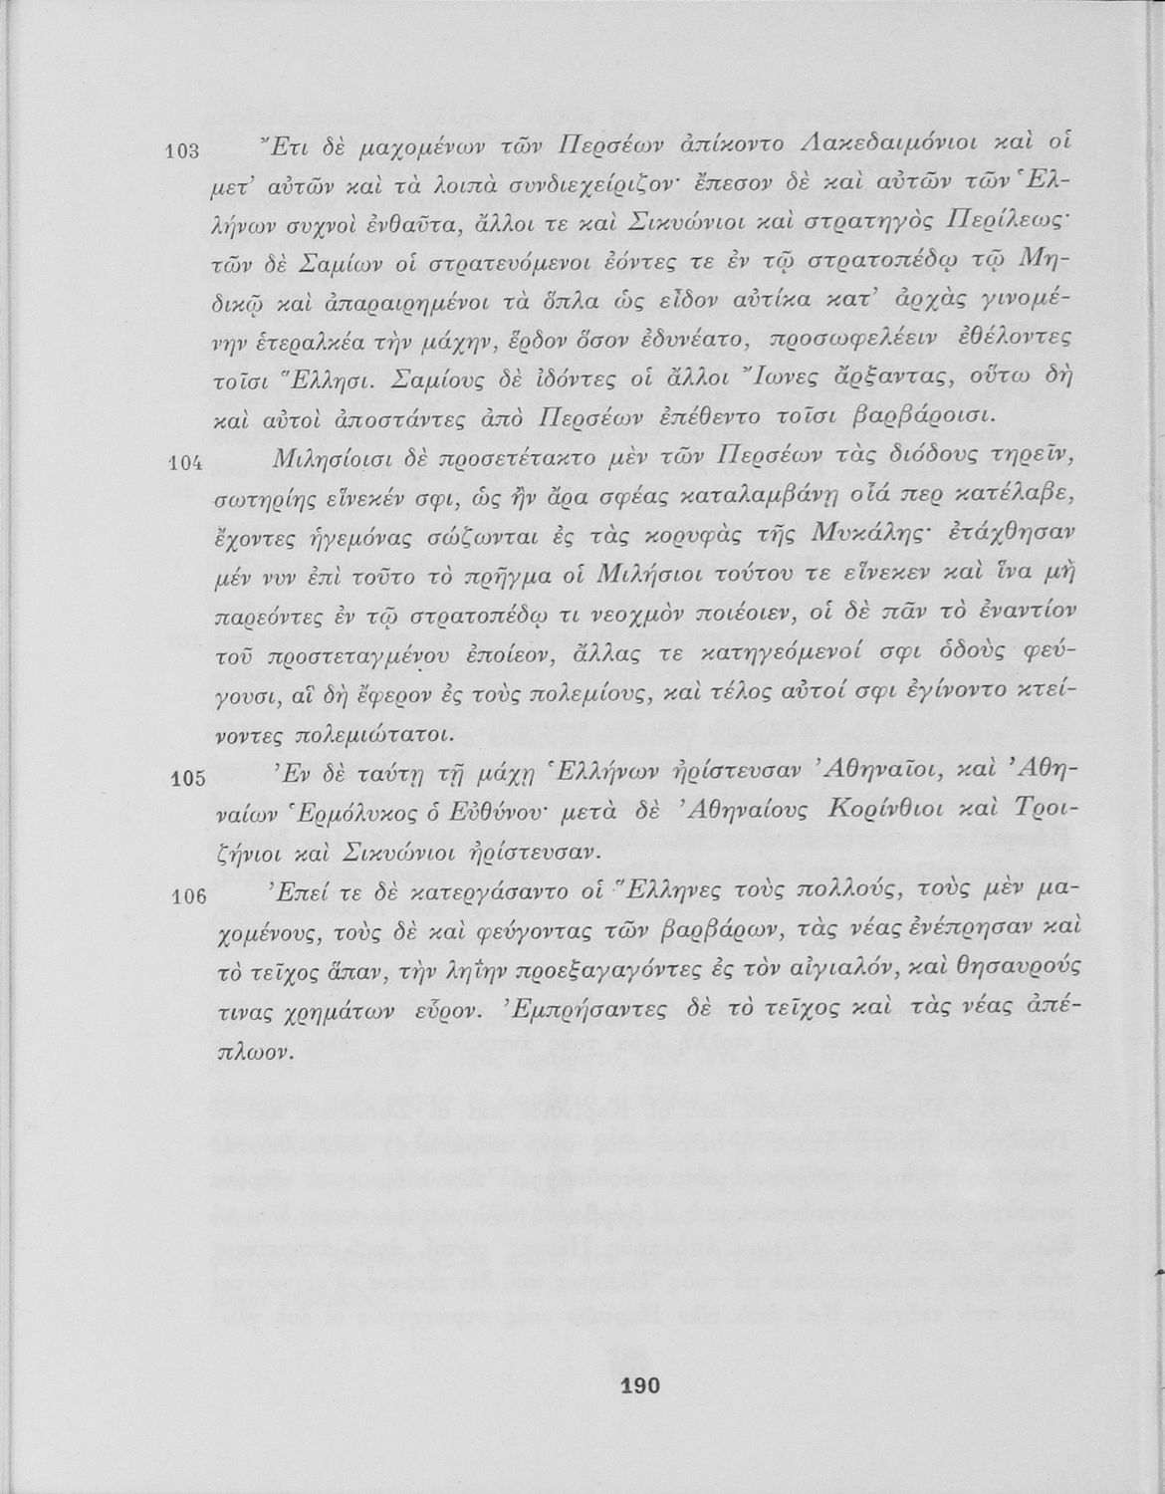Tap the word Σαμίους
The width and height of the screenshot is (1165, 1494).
[441, 378]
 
